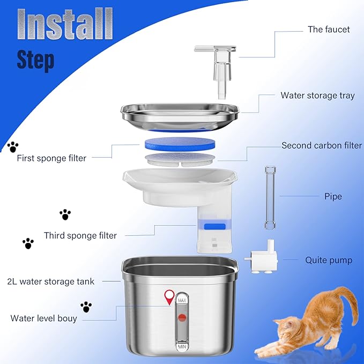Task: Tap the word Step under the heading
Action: pos(35,60)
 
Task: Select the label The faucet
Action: pos(329,29)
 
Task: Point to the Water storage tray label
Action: pos(317,95)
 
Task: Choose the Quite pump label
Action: pos(329,260)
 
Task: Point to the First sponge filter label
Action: pos(51,158)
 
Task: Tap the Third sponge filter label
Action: pos(80,235)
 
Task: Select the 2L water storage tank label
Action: pos(51,281)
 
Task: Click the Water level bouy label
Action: pos(44,318)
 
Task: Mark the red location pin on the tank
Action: pos(170,296)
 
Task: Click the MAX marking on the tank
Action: pos(182,299)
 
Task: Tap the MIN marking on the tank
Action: pos(182,347)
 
